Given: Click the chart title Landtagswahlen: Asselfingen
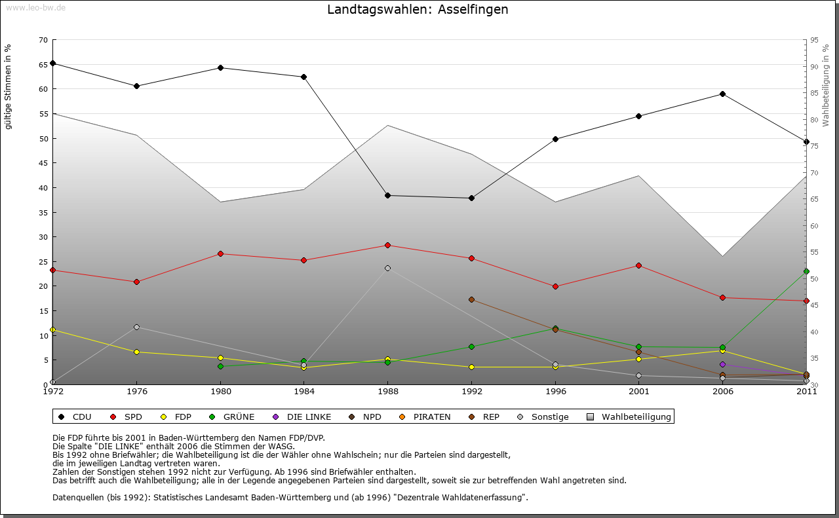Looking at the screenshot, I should click(418, 10).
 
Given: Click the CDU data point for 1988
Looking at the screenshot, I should click(388, 195).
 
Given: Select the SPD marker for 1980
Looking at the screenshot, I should click(220, 253).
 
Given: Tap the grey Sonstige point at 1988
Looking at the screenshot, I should click(388, 268).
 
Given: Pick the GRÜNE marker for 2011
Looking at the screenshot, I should click(806, 271).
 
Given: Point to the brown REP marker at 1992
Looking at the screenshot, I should click(471, 299).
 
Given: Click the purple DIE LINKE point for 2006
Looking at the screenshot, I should click(722, 364).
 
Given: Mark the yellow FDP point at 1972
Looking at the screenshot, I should click(52, 329).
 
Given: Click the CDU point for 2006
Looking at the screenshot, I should click(722, 94).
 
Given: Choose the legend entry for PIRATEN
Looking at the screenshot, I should click(425, 416).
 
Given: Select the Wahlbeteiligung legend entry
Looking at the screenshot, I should click(629, 416).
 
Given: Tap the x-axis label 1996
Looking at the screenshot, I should click(555, 392).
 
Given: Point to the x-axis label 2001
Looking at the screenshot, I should click(639, 392).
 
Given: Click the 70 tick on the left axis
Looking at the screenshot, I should click(43, 40).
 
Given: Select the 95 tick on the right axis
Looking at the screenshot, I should click(814, 40).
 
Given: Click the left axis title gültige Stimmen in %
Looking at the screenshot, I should click(9, 86).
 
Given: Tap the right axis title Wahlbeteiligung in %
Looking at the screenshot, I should click(826, 86).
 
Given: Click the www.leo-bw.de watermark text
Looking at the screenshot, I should click(35, 7).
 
